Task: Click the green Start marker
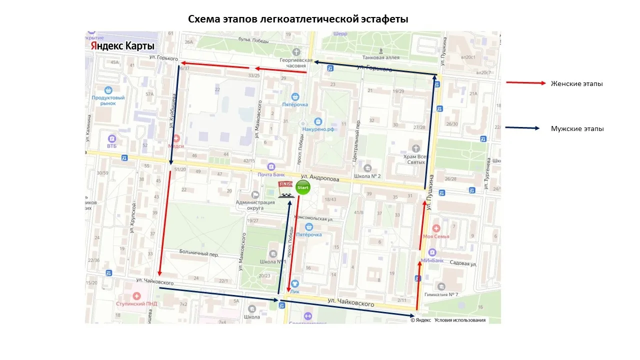point(302,187)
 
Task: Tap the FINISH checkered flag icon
point(286,190)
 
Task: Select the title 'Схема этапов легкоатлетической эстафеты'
point(298,19)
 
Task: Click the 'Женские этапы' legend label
point(576,83)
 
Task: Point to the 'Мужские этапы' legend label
point(577,128)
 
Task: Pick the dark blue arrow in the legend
point(522,128)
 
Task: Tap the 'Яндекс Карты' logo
point(122,46)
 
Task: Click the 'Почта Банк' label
point(271,174)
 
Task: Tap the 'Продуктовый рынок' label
point(108,100)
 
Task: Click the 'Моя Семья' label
point(436,236)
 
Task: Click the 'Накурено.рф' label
point(317,128)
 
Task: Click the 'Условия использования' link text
point(460,320)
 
